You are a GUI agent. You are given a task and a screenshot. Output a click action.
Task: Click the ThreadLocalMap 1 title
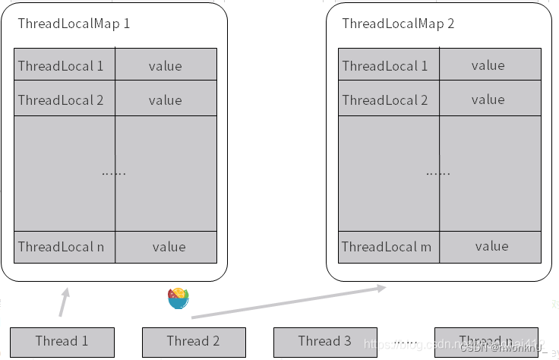click(74, 24)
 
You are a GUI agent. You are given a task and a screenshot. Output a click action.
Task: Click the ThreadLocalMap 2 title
click(398, 24)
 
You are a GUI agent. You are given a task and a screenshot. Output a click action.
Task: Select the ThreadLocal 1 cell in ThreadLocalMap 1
click(65, 65)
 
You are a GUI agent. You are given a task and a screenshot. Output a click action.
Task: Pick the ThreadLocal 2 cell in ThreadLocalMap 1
click(65, 99)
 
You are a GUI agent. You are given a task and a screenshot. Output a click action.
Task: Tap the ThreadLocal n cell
click(65, 247)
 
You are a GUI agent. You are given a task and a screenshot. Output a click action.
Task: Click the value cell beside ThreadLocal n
click(168, 247)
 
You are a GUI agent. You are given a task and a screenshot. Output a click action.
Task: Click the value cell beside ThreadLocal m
click(491, 246)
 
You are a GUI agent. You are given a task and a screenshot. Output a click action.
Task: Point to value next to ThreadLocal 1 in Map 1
click(166, 65)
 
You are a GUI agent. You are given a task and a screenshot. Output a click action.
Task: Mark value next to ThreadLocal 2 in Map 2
click(488, 99)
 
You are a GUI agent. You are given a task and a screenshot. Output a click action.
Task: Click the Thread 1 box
click(62, 342)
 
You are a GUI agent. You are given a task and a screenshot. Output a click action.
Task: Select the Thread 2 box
click(194, 342)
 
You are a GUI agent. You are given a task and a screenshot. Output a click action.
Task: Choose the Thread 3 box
click(325, 342)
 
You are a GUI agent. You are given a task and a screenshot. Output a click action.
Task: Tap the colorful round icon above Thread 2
click(178, 298)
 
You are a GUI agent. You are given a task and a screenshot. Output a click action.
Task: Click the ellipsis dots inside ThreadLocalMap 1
click(114, 172)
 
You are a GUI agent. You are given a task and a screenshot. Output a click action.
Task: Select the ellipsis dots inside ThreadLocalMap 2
click(437, 172)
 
